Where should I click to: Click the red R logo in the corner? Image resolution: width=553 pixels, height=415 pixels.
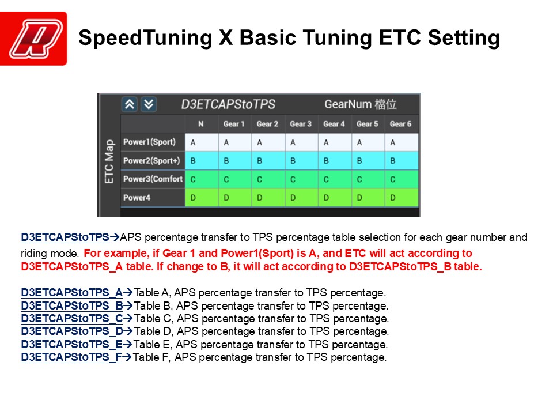(33, 39)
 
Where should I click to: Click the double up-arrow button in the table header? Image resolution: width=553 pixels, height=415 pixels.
(130, 104)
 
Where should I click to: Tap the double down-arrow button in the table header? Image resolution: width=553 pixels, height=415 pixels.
(149, 104)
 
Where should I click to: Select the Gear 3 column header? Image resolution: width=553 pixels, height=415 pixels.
(301, 124)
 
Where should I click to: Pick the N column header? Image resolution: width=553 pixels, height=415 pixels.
(201, 124)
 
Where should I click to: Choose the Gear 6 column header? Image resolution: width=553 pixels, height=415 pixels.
(401, 124)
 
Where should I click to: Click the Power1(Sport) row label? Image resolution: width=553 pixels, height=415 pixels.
(150, 142)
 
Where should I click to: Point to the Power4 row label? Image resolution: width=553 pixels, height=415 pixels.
(137, 198)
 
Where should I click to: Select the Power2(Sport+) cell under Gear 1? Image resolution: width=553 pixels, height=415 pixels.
(235, 161)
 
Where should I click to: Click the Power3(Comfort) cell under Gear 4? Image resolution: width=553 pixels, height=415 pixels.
(335, 179)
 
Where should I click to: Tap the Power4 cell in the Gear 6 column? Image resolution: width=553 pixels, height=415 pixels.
(402, 198)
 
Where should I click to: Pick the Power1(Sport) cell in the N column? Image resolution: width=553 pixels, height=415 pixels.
(202, 142)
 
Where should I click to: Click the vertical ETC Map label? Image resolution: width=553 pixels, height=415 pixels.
(109, 161)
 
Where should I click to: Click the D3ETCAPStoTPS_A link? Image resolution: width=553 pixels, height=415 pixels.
(71, 293)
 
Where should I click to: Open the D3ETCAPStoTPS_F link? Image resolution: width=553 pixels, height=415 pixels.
(71, 357)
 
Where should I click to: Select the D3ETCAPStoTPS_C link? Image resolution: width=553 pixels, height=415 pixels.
(72, 318)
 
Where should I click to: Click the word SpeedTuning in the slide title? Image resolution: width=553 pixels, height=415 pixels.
(145, 38)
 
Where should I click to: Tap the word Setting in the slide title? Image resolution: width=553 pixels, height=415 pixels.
(464, 38)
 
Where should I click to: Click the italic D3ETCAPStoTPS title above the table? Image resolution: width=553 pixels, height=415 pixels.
(228, 104)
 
